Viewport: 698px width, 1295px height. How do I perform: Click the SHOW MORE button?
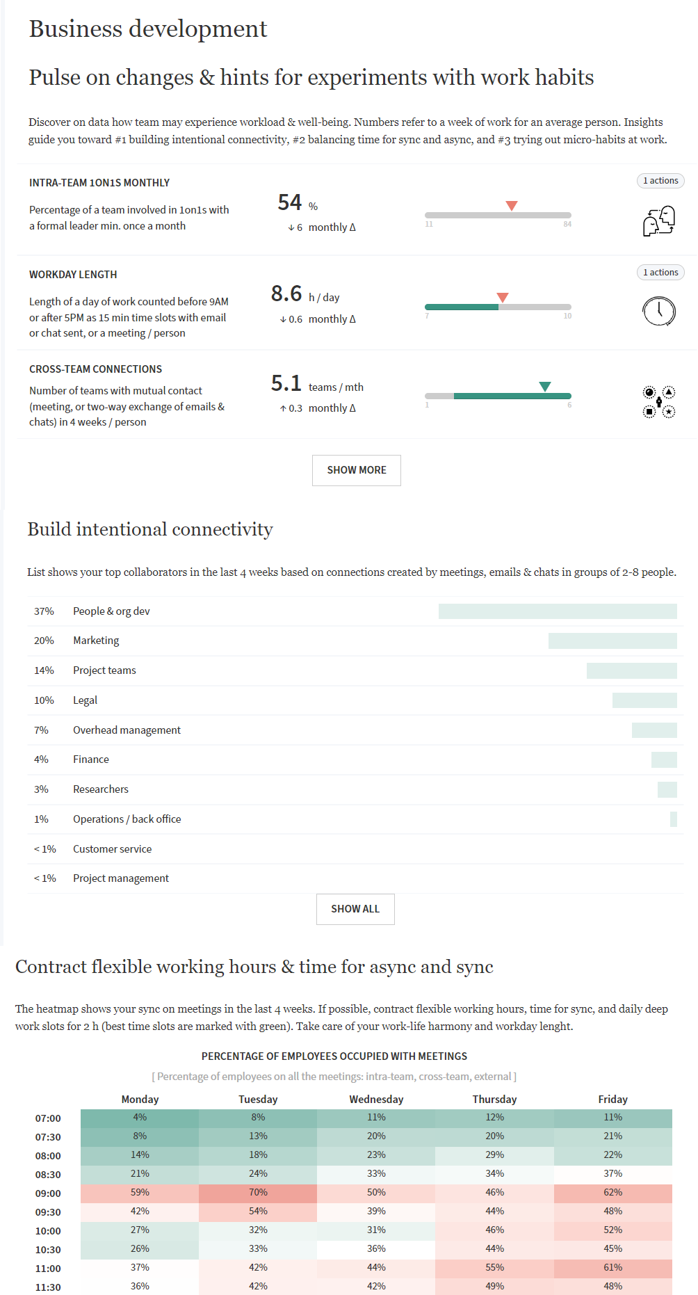pyautogui.click(x=356, y=470)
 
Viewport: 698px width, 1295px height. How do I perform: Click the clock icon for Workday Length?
pyautogui.click(x=658, y=311)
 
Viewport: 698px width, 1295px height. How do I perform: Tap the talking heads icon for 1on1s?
pyautogui.click(x=658, y=221)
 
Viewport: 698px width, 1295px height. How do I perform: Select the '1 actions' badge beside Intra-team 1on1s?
pyautogui.click(x=660, y=181)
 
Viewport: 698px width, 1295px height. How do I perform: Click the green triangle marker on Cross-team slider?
pyautogui.click(x=545, y=387)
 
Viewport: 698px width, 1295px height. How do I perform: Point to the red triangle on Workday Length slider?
pyautogui.click(x=503, y=298)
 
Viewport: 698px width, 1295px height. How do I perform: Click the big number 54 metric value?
pyautogui.click(x=289, y=202)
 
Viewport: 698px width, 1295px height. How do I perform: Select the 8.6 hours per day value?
pyautogui.click(x=286, y=293)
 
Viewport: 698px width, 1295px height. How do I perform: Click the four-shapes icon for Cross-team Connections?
pyautogui.click(x=658, y=402)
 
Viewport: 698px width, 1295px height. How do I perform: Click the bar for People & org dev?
pyautogui.click(x=558, y=611)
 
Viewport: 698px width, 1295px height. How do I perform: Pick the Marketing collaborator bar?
pyautogui.click(x=612, y=641)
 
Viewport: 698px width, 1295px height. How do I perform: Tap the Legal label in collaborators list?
pyautogui.click(x=85, y=700)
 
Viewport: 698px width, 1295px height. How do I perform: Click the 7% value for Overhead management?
pyautogui.click(x=42, y=730)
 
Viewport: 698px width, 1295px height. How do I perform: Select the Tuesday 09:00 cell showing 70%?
pyautogui.click(x=258, y=1193)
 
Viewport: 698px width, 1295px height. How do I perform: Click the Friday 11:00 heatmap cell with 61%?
pyautogui.click(x=612, y=1268)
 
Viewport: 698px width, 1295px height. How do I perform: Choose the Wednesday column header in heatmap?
pyautogui.click(x=376, y=1100)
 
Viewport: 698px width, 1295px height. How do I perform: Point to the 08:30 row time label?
pyautogui.click(x=48, y=1175)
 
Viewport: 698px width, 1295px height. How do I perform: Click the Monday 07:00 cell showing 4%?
pyautogui.click(x=140, y=1118)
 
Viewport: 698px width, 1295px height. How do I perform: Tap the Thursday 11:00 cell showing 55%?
pyautogui.click(x=494, y=1268)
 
